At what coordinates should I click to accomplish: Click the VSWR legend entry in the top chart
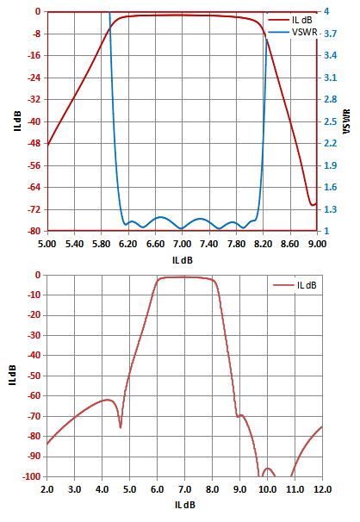pyautogui.click(x=293, y=32)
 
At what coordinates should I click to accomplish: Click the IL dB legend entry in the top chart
pyautogui.click(x=290, y=20)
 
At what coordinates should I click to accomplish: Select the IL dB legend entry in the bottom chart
pyautogui.click(x=295, y=285)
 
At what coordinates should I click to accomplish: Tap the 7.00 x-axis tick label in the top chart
pyautogui.click(x=182, y=244)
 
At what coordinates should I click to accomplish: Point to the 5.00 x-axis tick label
pyautogui.click(x=47, y=244)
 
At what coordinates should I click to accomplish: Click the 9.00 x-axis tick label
pyautogui.click(x=317, y=244)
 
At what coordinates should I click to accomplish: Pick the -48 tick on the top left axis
pyautogui.click(x=34, y=144)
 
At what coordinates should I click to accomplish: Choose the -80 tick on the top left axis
pyautogui.click(x=34, y=231)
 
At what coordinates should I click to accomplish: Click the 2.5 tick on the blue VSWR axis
pyautogui.click(x=331, y=121)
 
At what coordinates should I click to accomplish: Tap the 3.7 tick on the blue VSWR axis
pyautogui.click(x=331, y=34)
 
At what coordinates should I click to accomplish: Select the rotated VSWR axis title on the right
pyautogui.click(x=346, y=121)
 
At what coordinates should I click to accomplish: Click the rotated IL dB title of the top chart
pyautogui.click(x=17, y=121)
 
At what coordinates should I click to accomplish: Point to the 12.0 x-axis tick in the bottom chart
pyautogui.click(x=322, y=489)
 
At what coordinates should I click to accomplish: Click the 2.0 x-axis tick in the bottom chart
pyautogui.click(x=47, y=489)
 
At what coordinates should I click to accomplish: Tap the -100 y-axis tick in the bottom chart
pyautogui.click(x=31, y=476)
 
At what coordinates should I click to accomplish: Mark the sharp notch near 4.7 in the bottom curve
pyautogui.click(x=121, y=427)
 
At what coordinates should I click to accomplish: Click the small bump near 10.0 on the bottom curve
pyautogui.click(x=268, y=469)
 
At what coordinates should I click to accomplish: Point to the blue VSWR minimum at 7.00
pyautogui.click(x=182, y=228)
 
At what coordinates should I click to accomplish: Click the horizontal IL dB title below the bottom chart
pyautogui.click(x=184, y=505)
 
